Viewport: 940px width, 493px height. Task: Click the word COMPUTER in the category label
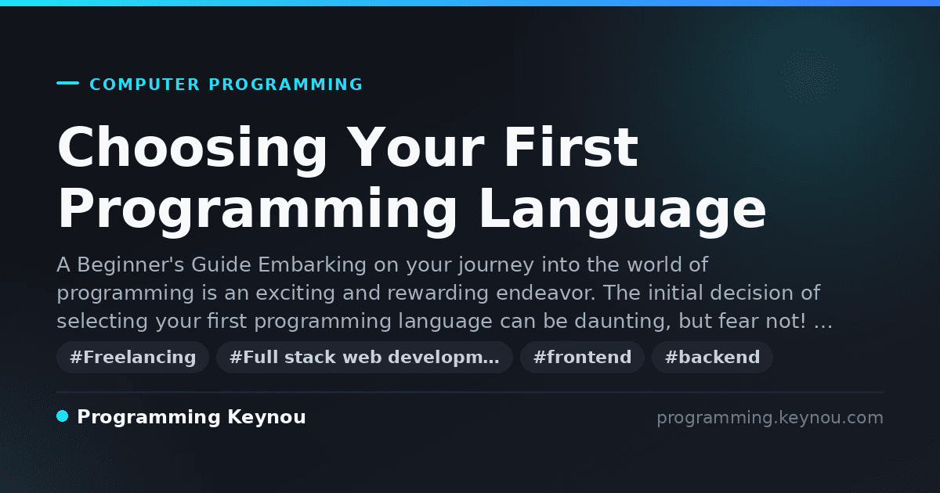[x=144, y=85]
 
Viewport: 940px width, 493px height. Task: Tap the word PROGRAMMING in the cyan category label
[x=285, y=85]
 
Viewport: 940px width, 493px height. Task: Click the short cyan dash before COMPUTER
[x=67, y=83]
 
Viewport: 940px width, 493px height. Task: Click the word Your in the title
[x=415, y=148]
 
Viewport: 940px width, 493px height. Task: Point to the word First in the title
[x=571, y=147]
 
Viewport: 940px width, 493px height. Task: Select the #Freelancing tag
[x=132, y=357]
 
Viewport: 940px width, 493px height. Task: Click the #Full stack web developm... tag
[x=364, y=357]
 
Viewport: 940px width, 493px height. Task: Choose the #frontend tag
[x=582, y=357]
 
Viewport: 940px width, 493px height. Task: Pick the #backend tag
[x=712, y=357]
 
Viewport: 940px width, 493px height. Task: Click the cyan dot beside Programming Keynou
[x=62, y=416]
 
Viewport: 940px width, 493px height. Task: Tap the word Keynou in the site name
[x=266, y=418]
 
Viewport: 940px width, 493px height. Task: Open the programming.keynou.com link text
[x=770, y=418]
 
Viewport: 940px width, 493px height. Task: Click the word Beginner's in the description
[x=131, y=265]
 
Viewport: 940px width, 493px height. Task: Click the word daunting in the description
[x=623, y=322]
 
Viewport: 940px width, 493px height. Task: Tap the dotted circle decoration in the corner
[x=809, y=76]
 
